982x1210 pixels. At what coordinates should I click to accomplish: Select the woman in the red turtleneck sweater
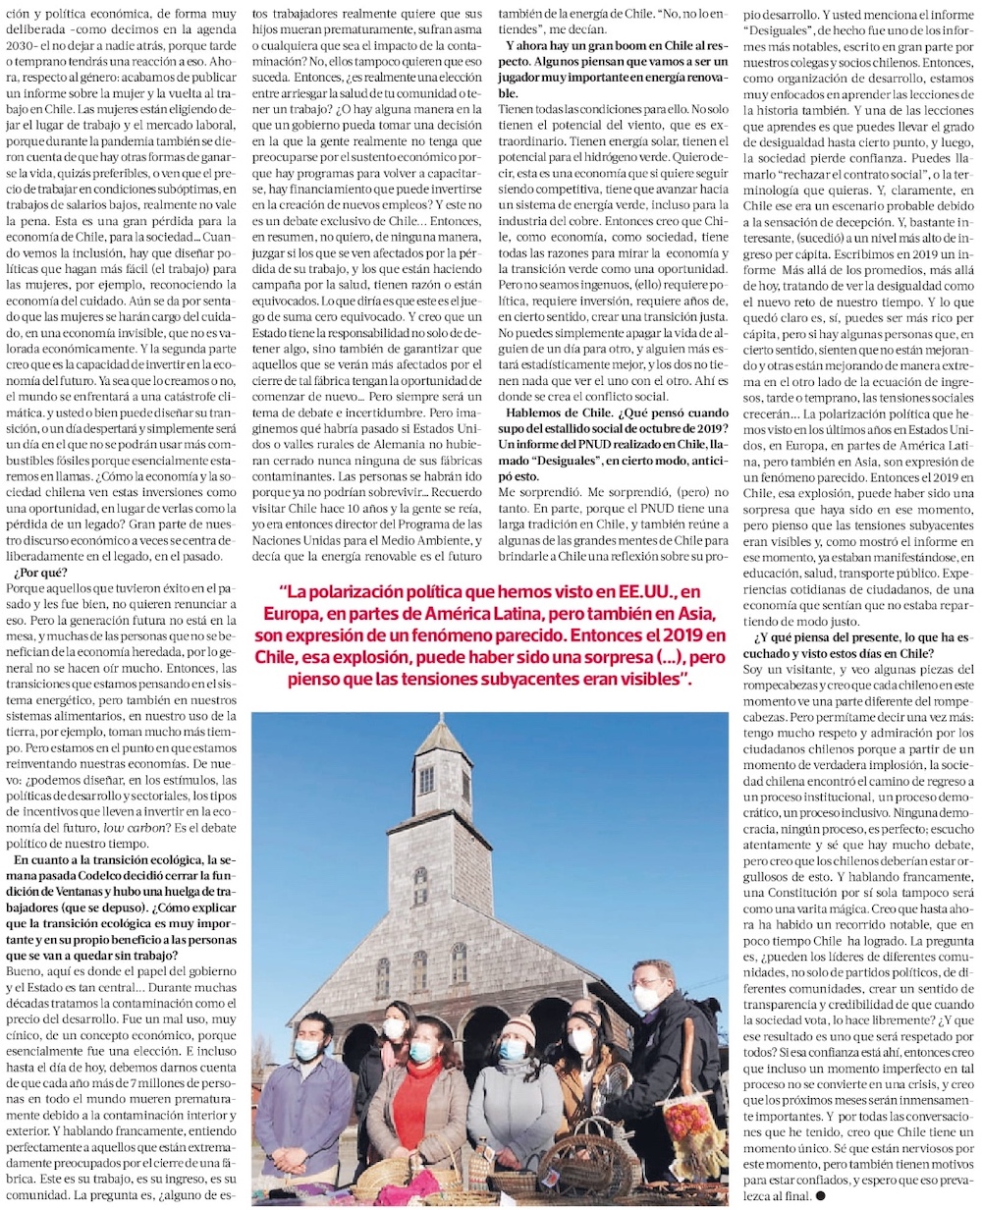click(x=417, y=1090)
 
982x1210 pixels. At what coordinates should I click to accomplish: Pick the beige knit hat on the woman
click(x=519, y=1027)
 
